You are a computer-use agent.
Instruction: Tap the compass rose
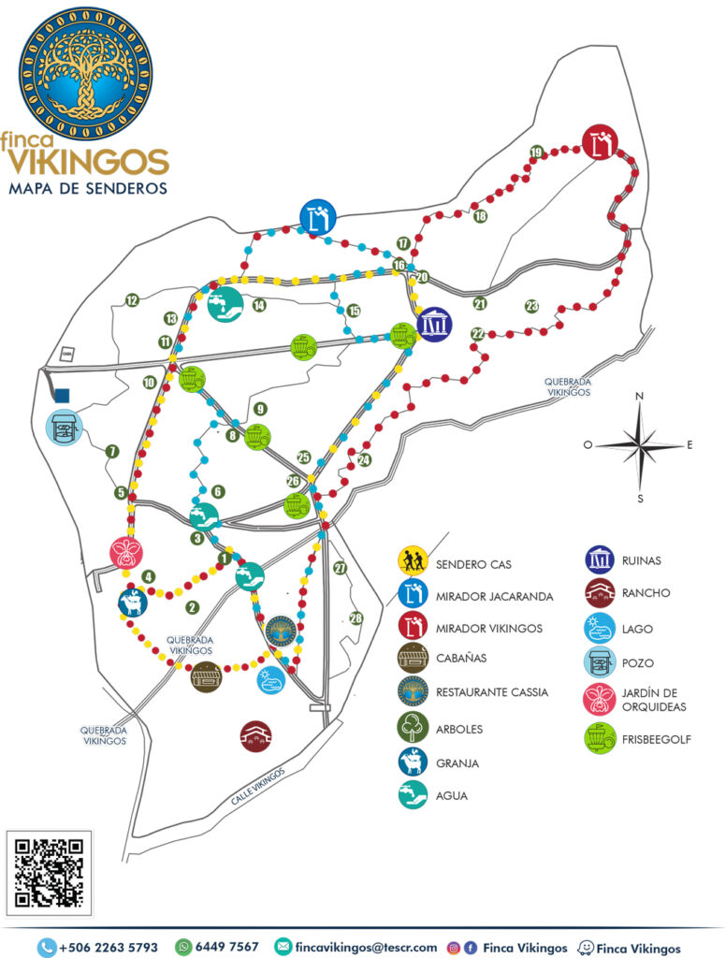coord(640,445)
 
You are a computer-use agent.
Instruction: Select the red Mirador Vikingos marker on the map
coord(600,143)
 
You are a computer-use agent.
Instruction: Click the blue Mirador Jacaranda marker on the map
coord(318,216)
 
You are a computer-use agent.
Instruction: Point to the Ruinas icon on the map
coord(434,325)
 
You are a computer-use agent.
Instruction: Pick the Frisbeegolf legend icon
coord(599,738)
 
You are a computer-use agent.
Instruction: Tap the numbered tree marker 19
coord(536,152)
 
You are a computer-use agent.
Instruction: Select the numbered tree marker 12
coord(132,300)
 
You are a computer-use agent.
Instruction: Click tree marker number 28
coord(356,617)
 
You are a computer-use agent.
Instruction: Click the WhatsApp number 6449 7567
coord(226,947)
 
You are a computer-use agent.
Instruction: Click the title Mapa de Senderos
coord(88,188)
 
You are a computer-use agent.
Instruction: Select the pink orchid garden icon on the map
coord(124,552)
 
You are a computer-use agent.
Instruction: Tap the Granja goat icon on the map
coord(133,602)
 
